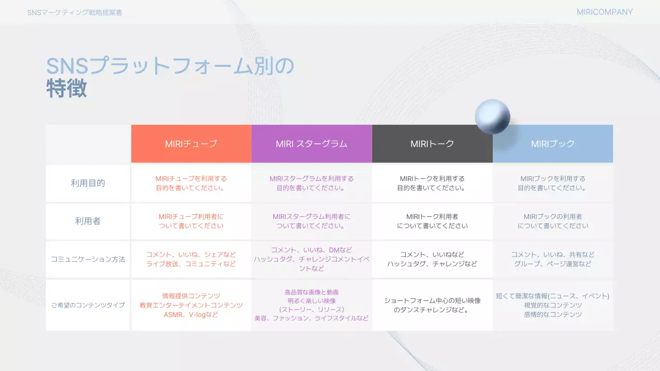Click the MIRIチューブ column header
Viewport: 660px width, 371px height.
pyautogui.click(x=191, y=144)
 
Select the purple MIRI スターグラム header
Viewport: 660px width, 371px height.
pyautogui.click(x=311, y=144)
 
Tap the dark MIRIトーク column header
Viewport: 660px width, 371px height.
pyautogui.click(x=432, y=144)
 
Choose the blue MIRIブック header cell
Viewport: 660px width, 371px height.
pyautogui.click(x=553, y=144)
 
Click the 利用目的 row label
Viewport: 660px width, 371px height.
pyautogui.click(x=88, y=183)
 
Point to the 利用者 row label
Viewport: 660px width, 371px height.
pyautogui.click(x=88, y=221)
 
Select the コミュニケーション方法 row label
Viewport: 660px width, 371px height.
pyautogui.click(x=88, y=259)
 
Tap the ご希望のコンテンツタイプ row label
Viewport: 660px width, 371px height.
pyautogui.click(x=88, y=305)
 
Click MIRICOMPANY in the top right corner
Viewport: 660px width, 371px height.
pyautogui.click(x=604, y=12)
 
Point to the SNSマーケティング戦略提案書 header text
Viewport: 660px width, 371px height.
pyautogui.click(x=75, y=12)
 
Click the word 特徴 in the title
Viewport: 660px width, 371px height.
pyautogui.click(x=67, y=89)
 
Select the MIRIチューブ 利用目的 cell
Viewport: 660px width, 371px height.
pyautogui.click(x=191, y=183)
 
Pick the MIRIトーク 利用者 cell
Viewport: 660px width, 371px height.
pyautogui.click(x=432, y=221)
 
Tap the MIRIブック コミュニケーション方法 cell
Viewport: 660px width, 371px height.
pyautogui.click(x=553, y=259)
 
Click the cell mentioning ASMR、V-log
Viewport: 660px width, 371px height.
pyautogui.click(x=191, y=305)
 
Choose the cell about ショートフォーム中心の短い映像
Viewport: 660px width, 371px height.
pyautogui.click(x=432, y=305)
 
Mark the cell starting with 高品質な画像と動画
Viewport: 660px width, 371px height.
pyautogui.click(x=311, y=305)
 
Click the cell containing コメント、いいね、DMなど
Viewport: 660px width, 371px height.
pyautogui.click(x=311, y=259)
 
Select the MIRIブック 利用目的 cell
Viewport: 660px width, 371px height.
pyautogui.click(x=553, y=183)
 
